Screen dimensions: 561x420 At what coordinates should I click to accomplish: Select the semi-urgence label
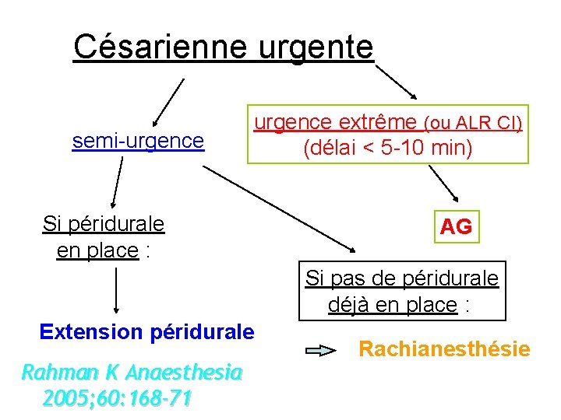138,141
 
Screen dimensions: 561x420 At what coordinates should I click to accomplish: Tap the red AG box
456,227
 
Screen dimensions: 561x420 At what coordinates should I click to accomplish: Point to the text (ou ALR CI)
472,123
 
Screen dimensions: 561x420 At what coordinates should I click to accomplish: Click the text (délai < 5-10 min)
388,147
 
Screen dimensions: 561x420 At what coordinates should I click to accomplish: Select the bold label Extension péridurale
147,332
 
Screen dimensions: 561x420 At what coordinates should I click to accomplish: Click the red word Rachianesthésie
444,349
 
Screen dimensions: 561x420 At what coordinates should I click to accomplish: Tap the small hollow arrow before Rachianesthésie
321,351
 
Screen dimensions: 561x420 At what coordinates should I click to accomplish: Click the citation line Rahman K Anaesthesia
131,372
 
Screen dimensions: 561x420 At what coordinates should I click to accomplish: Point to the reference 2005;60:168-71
117,398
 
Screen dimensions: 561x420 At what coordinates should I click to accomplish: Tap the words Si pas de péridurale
402,278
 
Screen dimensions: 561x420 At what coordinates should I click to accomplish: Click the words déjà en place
393,304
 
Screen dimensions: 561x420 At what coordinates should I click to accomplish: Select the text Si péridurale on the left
104,224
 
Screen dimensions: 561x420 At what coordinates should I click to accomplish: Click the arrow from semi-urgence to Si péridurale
116,182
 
